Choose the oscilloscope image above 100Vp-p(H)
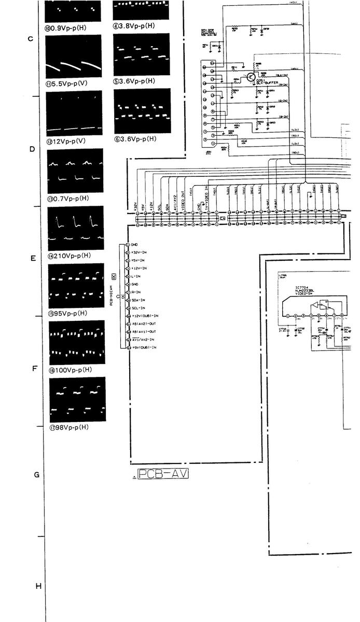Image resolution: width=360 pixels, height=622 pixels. [x=77, y=342]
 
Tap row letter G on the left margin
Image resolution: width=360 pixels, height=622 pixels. [x=37, y=475]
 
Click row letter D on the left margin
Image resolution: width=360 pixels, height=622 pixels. [x=32, y=149]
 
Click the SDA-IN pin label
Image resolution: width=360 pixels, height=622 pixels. [x=138, y=300]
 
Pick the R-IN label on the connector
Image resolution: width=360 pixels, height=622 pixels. [x=136, y=292]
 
